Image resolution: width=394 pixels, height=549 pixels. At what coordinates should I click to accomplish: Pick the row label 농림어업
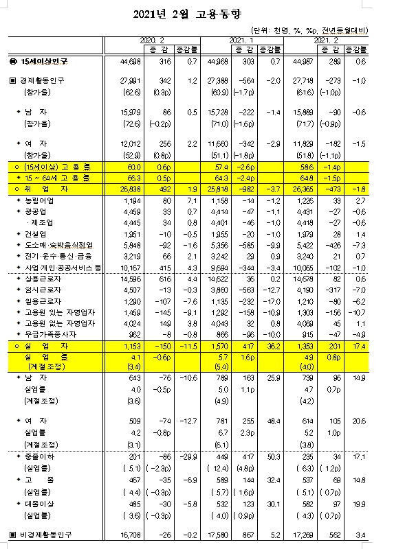[41, 200]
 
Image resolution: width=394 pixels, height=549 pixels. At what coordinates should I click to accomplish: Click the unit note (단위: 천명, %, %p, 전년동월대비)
[310, 30]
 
